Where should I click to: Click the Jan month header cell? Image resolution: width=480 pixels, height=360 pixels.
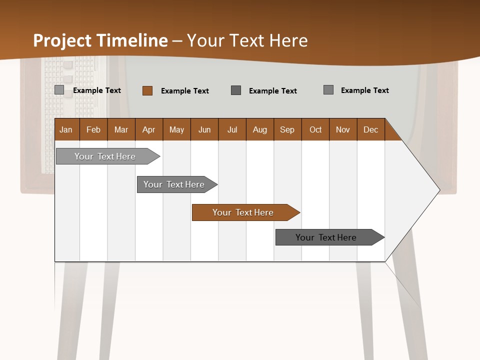pos(66,129)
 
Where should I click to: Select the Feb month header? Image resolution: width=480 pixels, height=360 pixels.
pos(93,129)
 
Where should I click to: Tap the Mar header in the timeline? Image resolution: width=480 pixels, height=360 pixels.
pos(121,129)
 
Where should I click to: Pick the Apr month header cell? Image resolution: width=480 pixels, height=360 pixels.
pos(149,129)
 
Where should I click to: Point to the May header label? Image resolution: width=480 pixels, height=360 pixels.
pos(176,129)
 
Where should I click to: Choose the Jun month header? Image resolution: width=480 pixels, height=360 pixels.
pos(204,129)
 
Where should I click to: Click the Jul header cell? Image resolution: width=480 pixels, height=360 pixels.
pos(232,129)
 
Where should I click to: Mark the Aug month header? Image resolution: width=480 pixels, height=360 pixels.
pos(260,129)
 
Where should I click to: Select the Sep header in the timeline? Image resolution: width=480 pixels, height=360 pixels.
pos(287,129)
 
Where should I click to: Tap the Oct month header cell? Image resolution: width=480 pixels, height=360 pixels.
pos(315,129)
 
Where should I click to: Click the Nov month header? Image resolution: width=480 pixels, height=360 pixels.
pos(343,129)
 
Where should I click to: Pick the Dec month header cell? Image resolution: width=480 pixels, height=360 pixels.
pos(371,129)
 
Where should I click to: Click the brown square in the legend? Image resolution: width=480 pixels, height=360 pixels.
pos(147,90)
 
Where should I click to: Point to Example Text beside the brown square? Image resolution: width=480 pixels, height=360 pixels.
pos(185,91)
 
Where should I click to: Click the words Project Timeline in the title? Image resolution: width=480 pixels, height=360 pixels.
pos(100,40)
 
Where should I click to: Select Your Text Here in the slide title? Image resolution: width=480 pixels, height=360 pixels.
pos(247,40)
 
